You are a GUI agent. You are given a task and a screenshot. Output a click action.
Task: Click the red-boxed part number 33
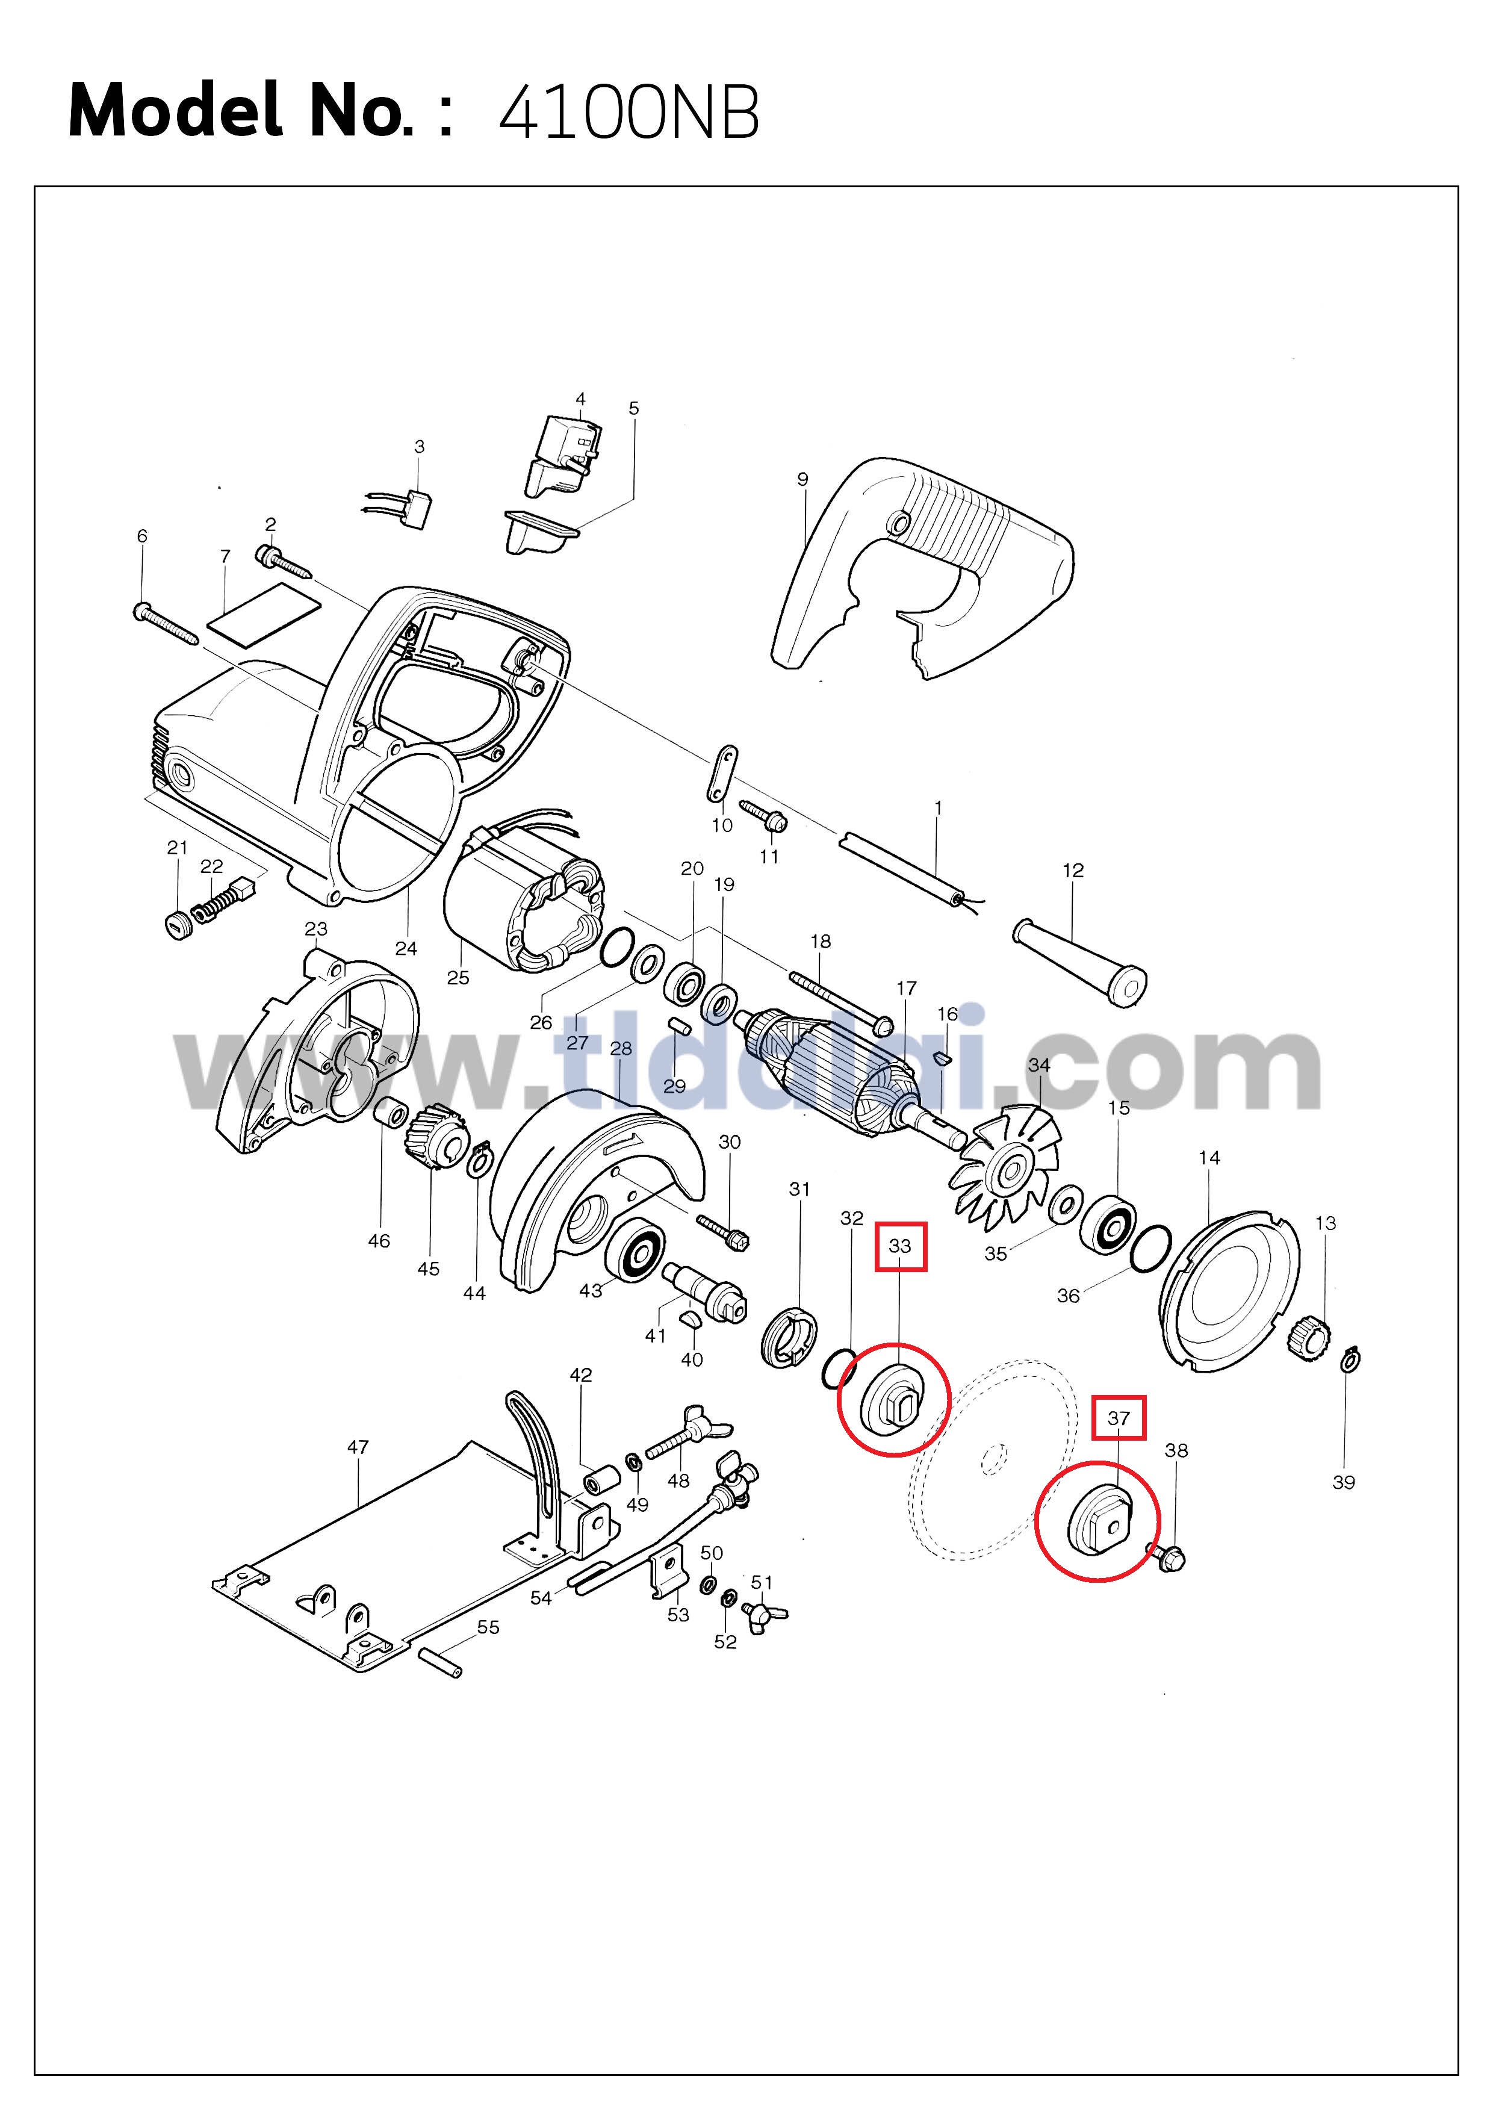tap(899, 1246)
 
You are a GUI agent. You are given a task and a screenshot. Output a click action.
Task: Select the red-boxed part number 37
tap(1118, 1417)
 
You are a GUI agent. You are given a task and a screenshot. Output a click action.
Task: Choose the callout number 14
tap(1209, 1157)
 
